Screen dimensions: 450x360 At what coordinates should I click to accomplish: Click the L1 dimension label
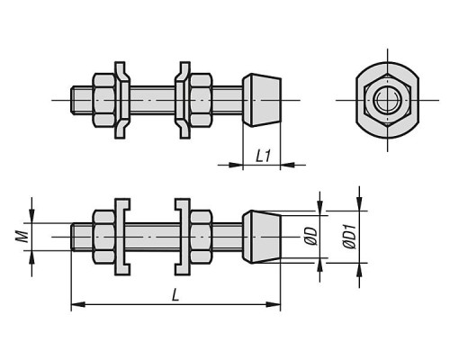pyautogui.click(x=264, y=156)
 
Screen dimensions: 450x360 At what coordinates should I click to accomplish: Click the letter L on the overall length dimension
pyautogui.click(x=175, y=294)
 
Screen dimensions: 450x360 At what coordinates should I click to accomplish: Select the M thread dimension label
pyautogui.click(x=22, y=236)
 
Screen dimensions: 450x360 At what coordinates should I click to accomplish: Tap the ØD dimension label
pyautogui.click(x=312, y=236)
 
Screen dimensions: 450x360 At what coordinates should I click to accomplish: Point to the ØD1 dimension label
pyautogui.click(x=349, y=237)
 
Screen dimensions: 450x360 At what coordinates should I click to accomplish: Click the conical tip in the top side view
pyautogui.click(x=262, y=100)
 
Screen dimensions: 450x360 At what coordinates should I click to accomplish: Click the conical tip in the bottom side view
pyautogui.click(x=262, y=237)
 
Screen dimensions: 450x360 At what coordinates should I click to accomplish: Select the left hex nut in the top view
pyautogui.click(x=103, y=100)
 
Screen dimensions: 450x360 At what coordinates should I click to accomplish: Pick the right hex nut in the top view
pyautogui.click(x=202, y=100)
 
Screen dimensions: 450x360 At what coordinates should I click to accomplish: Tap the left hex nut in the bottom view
pyautogui.click(x=103, y=237)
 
